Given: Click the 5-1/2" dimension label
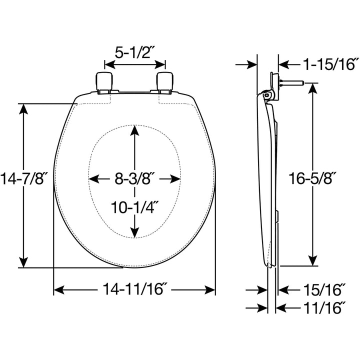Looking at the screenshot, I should point(134,52).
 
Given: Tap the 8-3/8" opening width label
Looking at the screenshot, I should point(134,178).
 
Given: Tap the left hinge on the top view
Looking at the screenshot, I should point(103,82).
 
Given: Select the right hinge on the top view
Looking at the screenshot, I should point(165,82).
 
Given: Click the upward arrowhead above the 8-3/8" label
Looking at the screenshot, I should point(134,130).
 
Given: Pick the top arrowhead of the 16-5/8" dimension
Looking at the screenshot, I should point(313,87).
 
